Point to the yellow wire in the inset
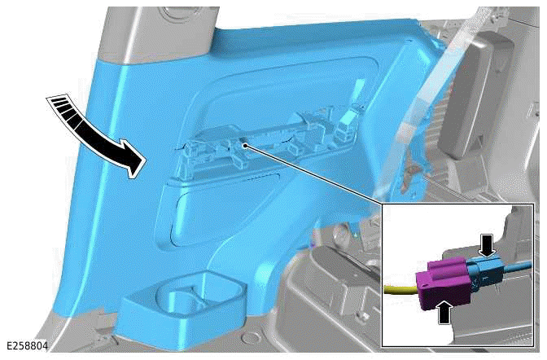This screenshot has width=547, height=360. [x=398, y=288]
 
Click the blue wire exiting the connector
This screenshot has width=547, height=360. [x=521, y=266]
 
